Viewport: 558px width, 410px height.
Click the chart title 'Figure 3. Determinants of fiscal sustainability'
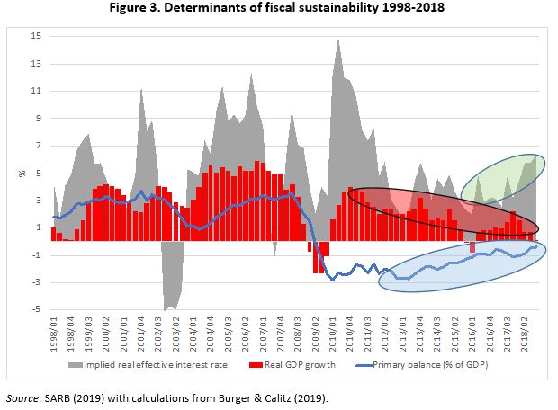coord(278,11)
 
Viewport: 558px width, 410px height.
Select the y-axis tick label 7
coord(36,146)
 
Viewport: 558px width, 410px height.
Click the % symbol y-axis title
coord(22,173)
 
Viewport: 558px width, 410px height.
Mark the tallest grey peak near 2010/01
coord(337,40)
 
